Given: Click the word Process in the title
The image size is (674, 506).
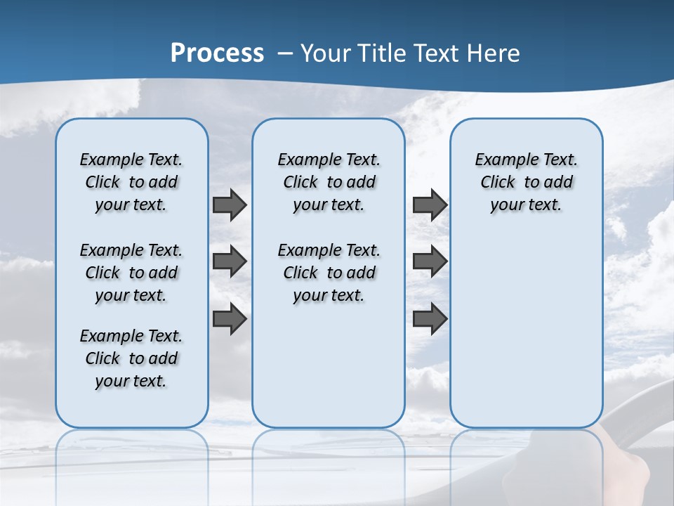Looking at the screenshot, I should pos(217,53).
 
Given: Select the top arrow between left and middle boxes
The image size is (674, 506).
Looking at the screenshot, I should pos(230,205).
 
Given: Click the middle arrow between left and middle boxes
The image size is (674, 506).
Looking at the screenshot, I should pos(230,261).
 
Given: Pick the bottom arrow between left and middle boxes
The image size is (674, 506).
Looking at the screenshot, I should pos(230,319).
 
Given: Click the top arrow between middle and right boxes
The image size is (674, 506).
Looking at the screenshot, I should pos(430,205).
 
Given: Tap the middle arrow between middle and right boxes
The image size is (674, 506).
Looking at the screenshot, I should pos(430,261).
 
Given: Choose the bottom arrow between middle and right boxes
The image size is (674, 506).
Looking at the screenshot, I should pos(430,319).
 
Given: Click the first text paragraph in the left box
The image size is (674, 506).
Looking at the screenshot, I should pos(131,182).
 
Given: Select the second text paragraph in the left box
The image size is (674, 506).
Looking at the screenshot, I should pos(131,273).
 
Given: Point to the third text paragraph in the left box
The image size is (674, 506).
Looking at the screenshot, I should pos(131,358).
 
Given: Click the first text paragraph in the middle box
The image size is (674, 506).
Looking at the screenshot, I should pos(329,182).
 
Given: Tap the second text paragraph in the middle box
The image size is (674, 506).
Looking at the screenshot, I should pos(329,273).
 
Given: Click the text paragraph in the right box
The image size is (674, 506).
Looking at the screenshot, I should pos(527,182).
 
